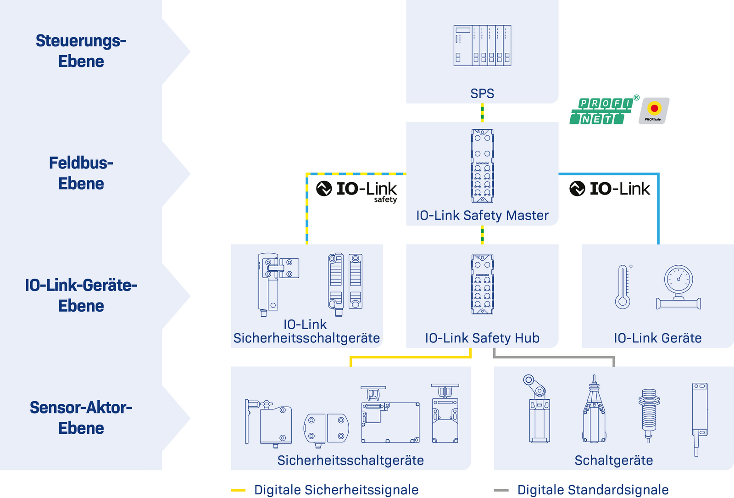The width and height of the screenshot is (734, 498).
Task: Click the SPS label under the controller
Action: coord(482,94)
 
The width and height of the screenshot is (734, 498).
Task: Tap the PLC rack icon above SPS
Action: coord(482,45)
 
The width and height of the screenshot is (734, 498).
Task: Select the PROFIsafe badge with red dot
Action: coord(654,111)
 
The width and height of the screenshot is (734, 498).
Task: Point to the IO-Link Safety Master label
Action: coord(482,215)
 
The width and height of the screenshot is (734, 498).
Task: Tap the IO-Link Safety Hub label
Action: coord(482,338)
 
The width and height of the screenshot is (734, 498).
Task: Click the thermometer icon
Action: coord(623,287)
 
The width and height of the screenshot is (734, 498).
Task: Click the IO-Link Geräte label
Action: coord(658,338)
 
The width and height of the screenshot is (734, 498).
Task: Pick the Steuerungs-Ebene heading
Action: coord(81,51)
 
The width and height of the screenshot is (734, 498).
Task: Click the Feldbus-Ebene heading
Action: coord(81,173)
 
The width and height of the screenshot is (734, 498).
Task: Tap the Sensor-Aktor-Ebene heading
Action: coord(81,418)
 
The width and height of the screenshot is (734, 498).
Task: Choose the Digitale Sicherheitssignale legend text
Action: coord(336,490)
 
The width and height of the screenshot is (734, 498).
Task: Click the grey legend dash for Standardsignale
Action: coord(501,490)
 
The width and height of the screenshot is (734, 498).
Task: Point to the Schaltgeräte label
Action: coord(614,460)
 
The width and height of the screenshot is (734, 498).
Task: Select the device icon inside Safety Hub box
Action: coord(482,285)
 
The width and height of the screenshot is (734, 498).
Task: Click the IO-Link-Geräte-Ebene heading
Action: coord(81,295)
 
